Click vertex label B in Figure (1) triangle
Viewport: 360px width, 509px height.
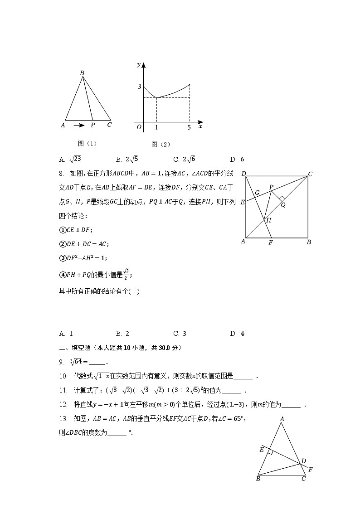82,73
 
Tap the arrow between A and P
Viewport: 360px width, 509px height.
79,125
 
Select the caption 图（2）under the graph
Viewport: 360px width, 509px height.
161,144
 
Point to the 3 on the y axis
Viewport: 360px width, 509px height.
140,87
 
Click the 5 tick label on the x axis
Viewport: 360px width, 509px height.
189,127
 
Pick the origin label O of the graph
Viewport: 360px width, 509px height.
139,127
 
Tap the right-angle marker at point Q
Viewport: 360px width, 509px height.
282,199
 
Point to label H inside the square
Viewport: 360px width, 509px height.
268,220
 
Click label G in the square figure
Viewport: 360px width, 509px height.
257,193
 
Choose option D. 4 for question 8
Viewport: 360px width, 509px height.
238,334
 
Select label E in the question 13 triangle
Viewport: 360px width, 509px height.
262,450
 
